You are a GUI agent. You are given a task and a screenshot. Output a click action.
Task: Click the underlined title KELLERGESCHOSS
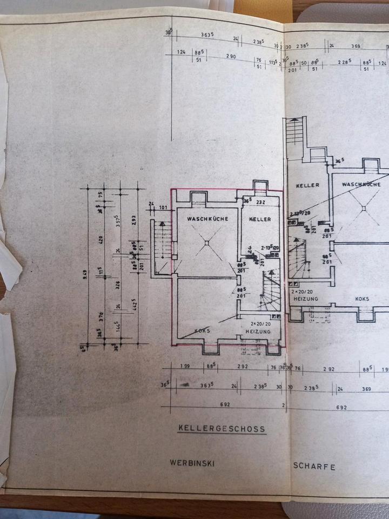(x=222, y=429)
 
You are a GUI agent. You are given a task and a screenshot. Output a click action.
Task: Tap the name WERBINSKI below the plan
(x=193, y=463)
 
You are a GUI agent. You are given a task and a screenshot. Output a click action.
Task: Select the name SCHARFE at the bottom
(x=314, y=466)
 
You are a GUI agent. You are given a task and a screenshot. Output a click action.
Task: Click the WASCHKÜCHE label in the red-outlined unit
(x=207, y=219)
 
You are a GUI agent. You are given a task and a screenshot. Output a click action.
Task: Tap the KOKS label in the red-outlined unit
(x=202, y=330)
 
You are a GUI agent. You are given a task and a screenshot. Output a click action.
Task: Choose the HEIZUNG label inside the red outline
(x=257, y=330)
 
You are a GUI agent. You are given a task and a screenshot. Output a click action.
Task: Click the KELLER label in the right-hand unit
(x=307, y=185)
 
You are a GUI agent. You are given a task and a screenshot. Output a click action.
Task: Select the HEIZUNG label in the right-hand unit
(x=305, y=298)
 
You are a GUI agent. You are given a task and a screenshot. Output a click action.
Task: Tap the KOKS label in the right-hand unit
(x=362, y=298)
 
